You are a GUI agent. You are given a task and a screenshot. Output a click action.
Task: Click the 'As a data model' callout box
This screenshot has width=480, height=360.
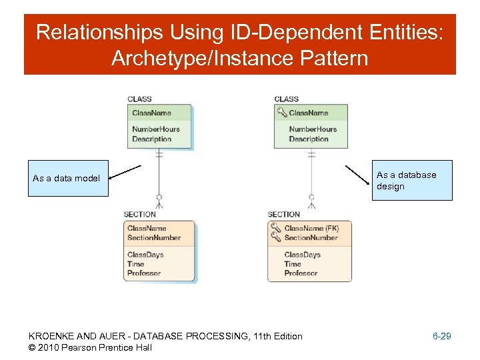coord(67,178)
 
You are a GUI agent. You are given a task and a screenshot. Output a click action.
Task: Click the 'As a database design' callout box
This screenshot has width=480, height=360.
coord(413,180)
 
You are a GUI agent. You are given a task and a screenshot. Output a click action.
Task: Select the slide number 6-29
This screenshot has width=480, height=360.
coord(441,336)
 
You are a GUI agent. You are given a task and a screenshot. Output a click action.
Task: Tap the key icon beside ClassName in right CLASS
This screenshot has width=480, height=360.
coord(282,113)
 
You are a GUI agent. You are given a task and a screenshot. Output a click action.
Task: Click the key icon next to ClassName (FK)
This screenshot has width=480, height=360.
coord(276,227)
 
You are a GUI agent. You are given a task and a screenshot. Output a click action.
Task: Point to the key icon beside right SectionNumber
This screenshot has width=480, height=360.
coord(276,237)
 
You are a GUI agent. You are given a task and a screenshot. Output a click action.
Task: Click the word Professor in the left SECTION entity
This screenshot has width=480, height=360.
coord(143,273)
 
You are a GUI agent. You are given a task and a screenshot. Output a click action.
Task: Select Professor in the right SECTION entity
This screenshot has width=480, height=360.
coord(301,273)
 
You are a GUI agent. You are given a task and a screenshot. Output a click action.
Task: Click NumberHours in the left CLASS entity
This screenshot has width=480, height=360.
coord(155,129)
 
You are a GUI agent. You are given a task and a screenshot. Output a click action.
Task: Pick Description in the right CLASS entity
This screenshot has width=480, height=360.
coord(309,139)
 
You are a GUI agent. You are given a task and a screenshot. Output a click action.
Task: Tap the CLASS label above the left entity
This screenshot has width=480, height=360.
coord(139,99)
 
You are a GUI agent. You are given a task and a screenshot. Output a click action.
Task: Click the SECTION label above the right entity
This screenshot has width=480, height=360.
coord(283,214)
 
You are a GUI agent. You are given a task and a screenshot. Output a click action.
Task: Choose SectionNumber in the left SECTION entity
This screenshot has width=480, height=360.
coord(153,237)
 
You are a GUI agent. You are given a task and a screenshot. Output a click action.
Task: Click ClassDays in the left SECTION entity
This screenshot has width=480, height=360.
coord(145,255)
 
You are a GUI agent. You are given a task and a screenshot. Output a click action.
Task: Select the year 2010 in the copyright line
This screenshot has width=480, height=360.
coord(50,347)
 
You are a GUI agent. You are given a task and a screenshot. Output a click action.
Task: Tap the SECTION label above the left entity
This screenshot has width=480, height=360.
coord(139,214)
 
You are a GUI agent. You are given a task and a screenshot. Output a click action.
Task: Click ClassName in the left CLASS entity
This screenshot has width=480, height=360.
coord(151,113)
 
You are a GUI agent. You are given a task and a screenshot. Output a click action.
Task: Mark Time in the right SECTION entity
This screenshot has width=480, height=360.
coord(293,264)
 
